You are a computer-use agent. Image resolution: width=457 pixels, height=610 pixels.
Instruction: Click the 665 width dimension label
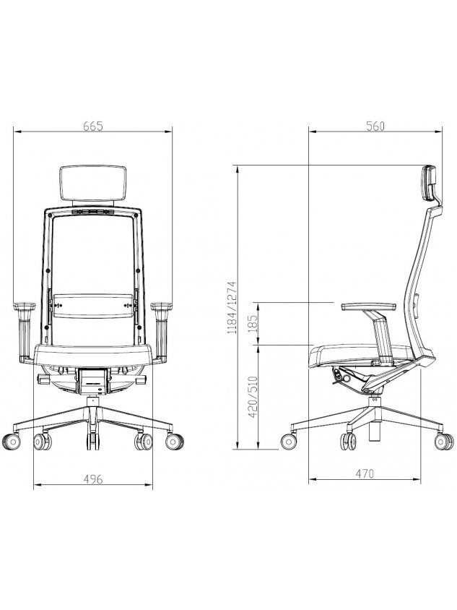(x=93, y=126)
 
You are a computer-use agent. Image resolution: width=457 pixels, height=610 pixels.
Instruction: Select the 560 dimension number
(x=375, y=126)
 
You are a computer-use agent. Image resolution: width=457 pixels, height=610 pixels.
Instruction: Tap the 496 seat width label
(x=93, y=479)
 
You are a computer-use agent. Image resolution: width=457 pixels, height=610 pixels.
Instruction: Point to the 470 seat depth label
(x=365, y=473)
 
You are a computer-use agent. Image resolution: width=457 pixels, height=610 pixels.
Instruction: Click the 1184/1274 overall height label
(x=232, y=308)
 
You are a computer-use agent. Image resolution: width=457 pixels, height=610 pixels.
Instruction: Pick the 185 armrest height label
(x=253, y=323)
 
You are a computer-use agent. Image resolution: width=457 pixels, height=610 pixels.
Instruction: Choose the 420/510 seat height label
(x=253, y=396)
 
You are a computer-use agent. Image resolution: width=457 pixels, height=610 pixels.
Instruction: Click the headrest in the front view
(x=93, y=184)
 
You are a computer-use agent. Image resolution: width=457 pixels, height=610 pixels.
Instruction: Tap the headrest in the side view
(x=430, y=184)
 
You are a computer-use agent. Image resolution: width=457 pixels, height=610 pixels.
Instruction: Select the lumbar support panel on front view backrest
(x=93, y=306)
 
